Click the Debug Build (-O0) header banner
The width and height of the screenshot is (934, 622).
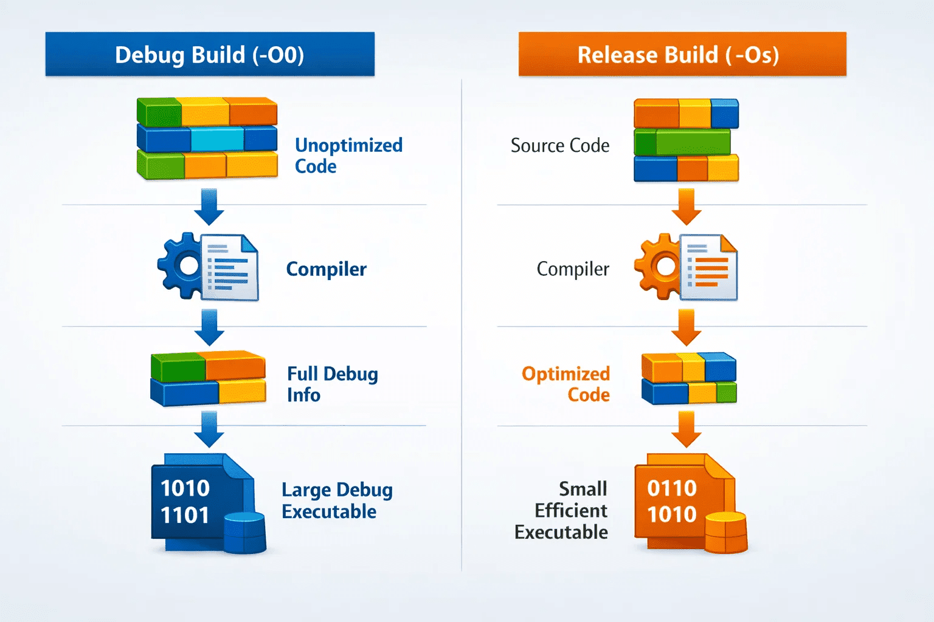[210, 54]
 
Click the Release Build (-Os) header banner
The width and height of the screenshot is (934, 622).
[682, 54]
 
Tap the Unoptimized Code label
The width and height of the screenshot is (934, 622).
[348, 155]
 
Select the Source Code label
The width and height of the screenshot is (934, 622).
[560, 145]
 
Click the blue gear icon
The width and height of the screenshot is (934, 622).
[180, 266]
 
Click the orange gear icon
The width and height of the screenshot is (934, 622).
[658, 267]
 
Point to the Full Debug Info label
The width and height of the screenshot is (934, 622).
[333, 384]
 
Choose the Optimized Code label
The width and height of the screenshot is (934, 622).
[566, 384]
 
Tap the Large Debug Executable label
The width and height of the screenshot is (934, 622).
[337, 501]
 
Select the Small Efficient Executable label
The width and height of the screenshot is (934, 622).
[561, 510]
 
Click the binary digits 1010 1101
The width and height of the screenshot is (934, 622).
[185, 502]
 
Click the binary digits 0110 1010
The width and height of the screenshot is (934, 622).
[672, 501]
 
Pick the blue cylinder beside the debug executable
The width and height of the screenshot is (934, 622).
[245, 533]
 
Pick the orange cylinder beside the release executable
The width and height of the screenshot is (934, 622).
[726, 533]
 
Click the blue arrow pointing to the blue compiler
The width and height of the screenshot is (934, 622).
[209, 207]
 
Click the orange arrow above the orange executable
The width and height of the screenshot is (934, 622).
[687, 429]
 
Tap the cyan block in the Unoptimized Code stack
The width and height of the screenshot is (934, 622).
[217, 139]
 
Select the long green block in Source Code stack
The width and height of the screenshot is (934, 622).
[693, 142]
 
